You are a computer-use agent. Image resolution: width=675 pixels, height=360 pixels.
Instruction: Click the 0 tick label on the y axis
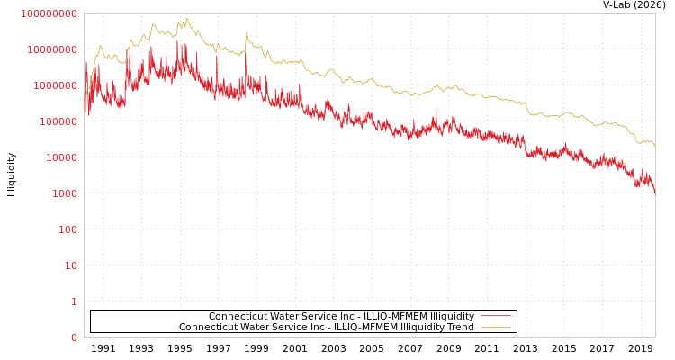[74, 337]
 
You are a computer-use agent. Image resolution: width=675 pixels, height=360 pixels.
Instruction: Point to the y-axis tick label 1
[74, 301]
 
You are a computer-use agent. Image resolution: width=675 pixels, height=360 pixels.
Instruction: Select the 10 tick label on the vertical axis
[71, 265]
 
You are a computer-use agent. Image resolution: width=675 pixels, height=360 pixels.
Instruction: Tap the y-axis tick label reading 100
[68, 229]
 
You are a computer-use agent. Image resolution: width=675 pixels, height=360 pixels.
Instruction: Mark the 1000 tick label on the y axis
[66, 193]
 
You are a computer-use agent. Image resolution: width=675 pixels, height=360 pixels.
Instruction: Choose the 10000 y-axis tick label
[63, 157]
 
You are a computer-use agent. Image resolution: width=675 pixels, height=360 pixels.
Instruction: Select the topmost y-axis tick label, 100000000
[49, 13]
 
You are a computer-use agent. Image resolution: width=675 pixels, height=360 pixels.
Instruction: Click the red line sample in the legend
[495, 316]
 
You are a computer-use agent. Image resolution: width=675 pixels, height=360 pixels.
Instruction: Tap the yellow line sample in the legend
[495, 327]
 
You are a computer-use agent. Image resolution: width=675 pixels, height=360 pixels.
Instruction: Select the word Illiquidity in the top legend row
[449, 316]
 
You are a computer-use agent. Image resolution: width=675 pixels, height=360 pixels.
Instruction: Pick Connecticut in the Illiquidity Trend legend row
[208, 327]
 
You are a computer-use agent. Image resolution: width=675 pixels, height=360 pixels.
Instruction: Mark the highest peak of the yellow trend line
[187, 18]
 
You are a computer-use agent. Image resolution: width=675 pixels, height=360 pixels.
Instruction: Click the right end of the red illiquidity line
[654, 193]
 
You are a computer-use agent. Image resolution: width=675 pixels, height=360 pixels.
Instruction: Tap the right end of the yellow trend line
[654, 147]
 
